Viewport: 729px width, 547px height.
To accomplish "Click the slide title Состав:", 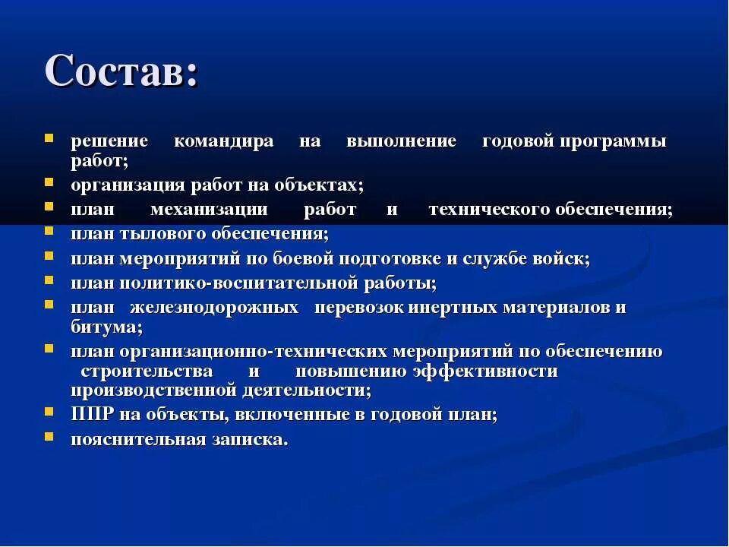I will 121,71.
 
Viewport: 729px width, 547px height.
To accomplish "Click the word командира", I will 223,142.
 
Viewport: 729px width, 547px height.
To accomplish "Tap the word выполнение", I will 401,142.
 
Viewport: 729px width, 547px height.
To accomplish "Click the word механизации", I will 209,210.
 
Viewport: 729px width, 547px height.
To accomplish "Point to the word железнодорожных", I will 213,308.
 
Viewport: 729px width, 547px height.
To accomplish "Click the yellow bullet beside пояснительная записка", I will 49,437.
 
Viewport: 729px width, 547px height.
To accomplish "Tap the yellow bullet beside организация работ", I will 49,182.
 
